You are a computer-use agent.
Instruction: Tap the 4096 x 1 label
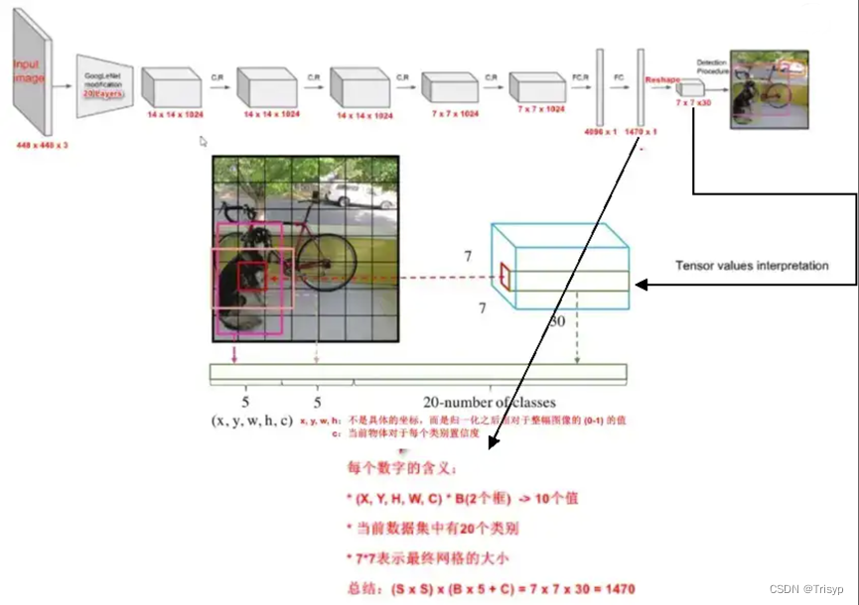click(x=598, y=130)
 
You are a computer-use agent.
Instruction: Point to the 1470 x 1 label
click(x=641, y=130)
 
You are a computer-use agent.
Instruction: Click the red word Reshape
click(x=660, y=77)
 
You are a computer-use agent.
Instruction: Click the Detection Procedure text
click(x=712, y=65)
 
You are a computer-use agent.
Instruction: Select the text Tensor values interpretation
click(x=752, y=266)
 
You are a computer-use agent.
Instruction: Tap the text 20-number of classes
click(x=490, y=403)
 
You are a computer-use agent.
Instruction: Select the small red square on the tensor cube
click(x=504, y=277)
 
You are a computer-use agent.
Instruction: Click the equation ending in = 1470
click(x=490, y=587)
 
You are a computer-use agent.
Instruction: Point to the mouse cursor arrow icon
click(x=204, y=142)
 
